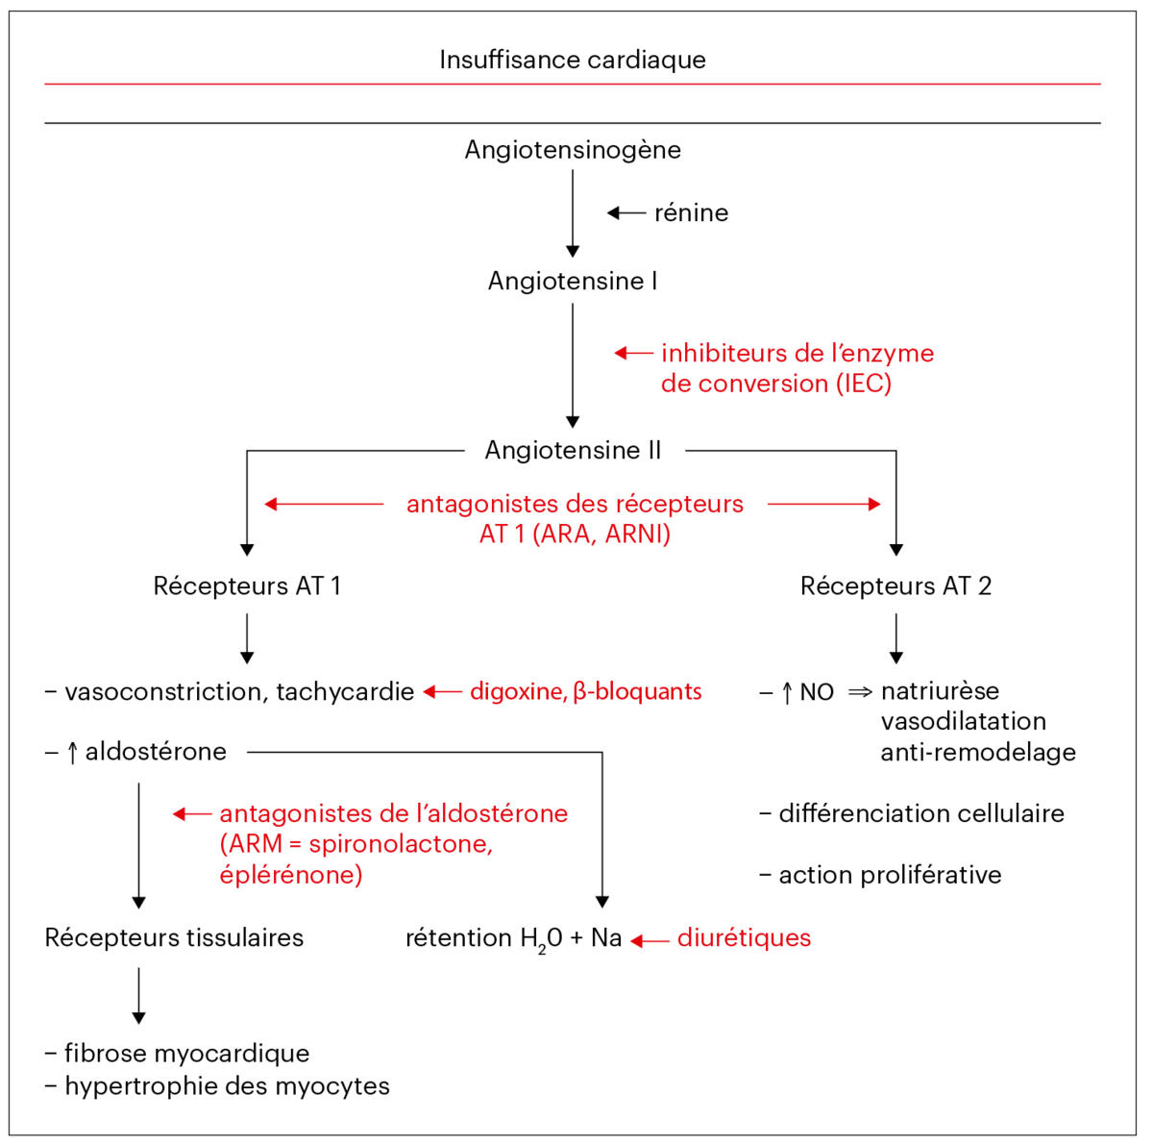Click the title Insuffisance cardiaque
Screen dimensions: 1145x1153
coord(573,60)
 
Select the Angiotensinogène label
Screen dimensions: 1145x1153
coord(573,150)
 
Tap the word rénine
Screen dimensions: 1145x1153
coord(691,212)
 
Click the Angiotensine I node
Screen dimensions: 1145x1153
coord(573,281)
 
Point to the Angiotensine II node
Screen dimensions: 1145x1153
coord(573,450)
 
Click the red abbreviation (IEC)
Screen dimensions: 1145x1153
coord(863,384)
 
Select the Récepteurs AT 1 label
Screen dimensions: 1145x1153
coord(247,585)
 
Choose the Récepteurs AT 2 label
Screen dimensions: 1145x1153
coord(895,585)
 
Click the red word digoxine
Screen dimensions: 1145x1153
coord(517,691)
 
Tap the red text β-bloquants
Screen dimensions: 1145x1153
coord(637,691)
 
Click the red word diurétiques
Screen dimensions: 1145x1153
coord(744,938)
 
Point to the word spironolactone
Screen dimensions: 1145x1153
coord(400,844)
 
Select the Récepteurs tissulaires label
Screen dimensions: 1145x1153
coord(174,938)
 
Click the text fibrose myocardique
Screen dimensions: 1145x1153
coord(186,1054)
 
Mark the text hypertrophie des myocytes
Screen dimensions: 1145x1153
coord(227,1086)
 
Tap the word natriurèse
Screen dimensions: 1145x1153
coord(940,691)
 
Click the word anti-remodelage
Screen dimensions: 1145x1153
coord(978,752)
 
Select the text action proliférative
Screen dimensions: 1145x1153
coord(890,875)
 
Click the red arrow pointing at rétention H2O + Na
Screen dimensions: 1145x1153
coord(650,940)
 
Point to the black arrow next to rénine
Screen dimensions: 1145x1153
coord(626,212)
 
